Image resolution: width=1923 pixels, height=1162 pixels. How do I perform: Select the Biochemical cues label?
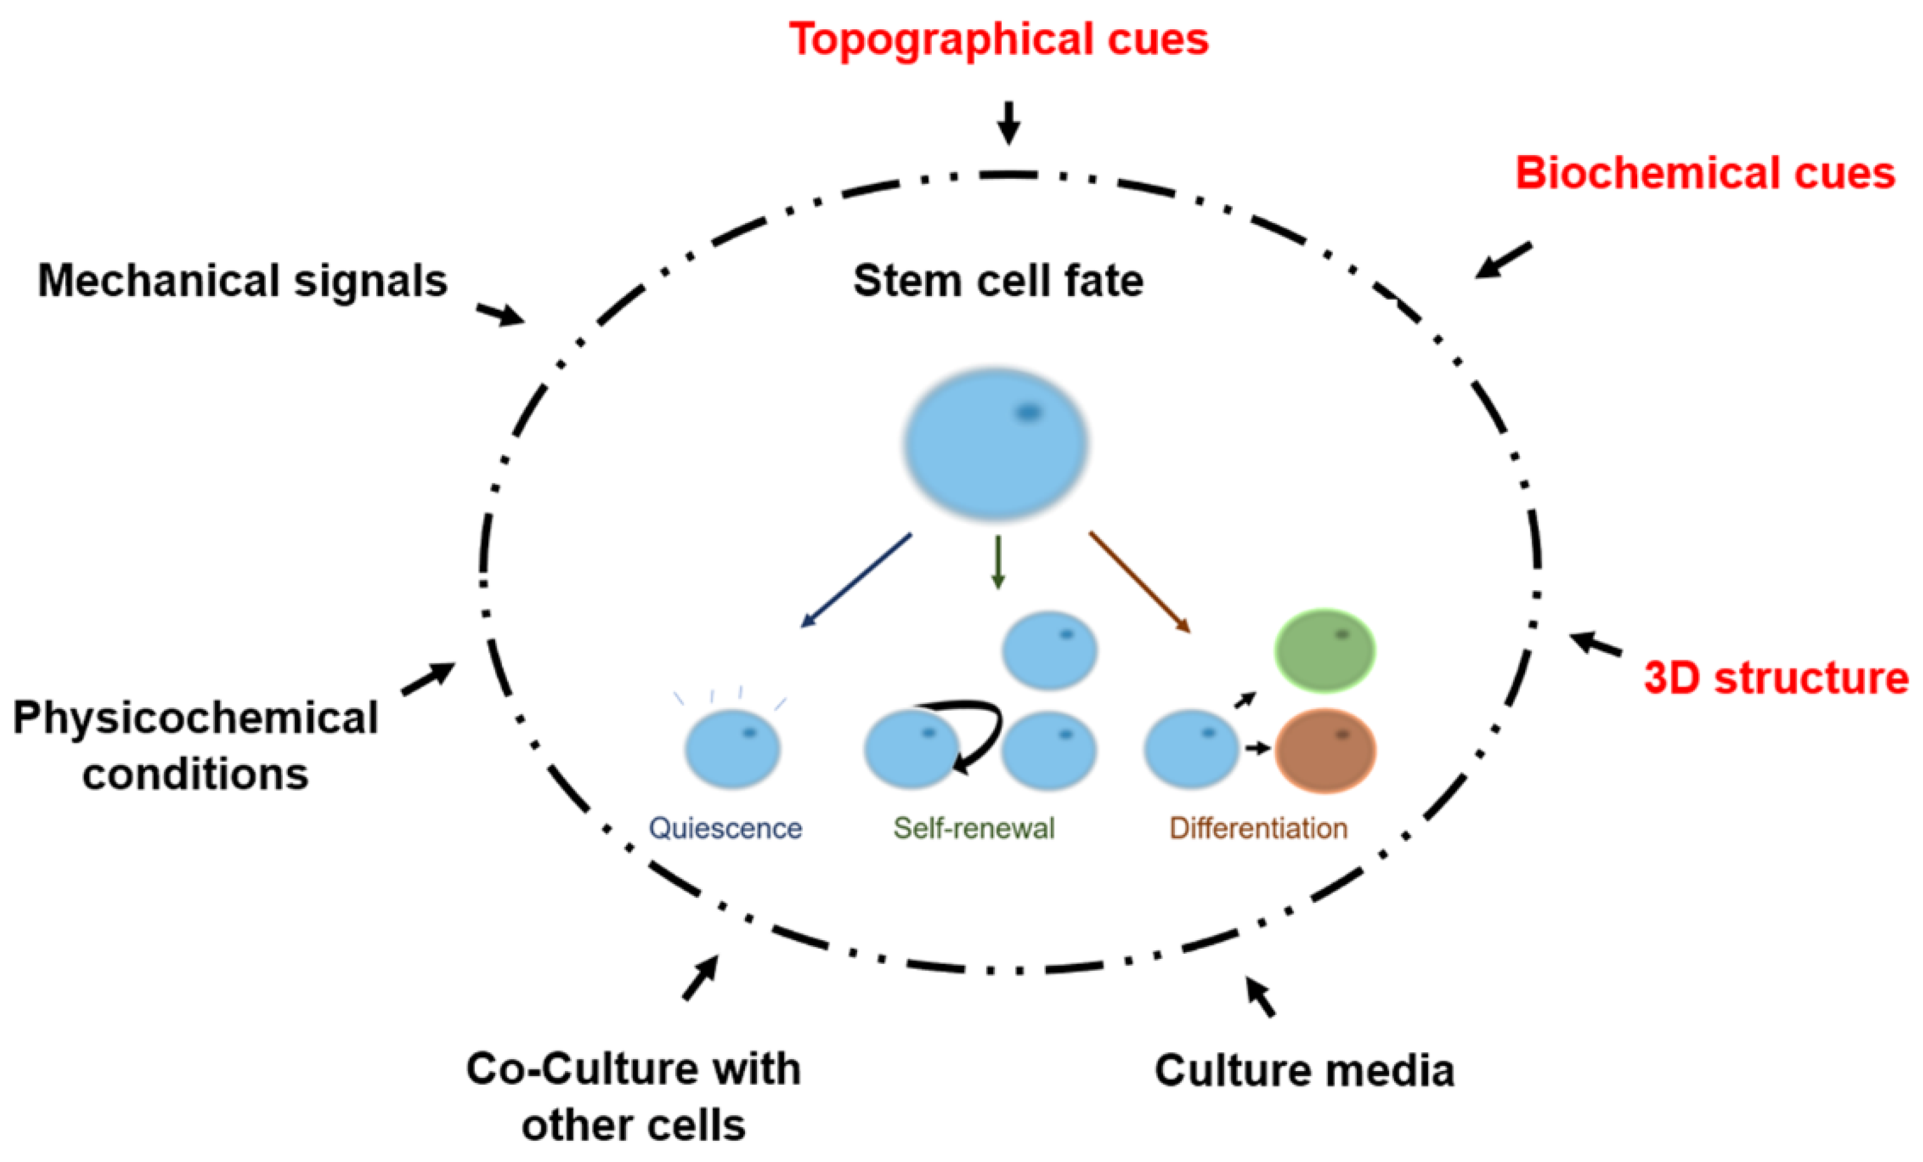click(1704, 173)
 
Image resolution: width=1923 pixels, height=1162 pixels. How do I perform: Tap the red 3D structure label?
click(1775, 677)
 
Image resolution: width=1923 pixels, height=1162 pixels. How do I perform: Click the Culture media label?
click(1304, 1070)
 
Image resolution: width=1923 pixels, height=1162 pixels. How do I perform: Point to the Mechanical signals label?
click(243, 281)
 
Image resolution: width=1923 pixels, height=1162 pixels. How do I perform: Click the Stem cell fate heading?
click(998, 281)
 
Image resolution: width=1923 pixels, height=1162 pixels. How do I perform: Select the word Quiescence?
click(725, 828)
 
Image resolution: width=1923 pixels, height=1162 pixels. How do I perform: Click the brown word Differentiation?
click(1258, 828)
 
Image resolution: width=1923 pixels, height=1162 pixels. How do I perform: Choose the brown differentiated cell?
click(1324, 750)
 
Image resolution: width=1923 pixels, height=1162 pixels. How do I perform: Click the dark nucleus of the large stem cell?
click(1028, 412)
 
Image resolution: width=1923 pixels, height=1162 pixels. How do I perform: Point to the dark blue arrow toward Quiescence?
click(856, 581)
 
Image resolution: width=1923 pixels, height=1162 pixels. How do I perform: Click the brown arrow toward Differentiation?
click(1139, 582)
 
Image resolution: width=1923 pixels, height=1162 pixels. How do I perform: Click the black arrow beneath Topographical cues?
click(1009, 123)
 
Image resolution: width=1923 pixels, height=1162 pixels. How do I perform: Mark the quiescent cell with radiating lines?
click(732, 748)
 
